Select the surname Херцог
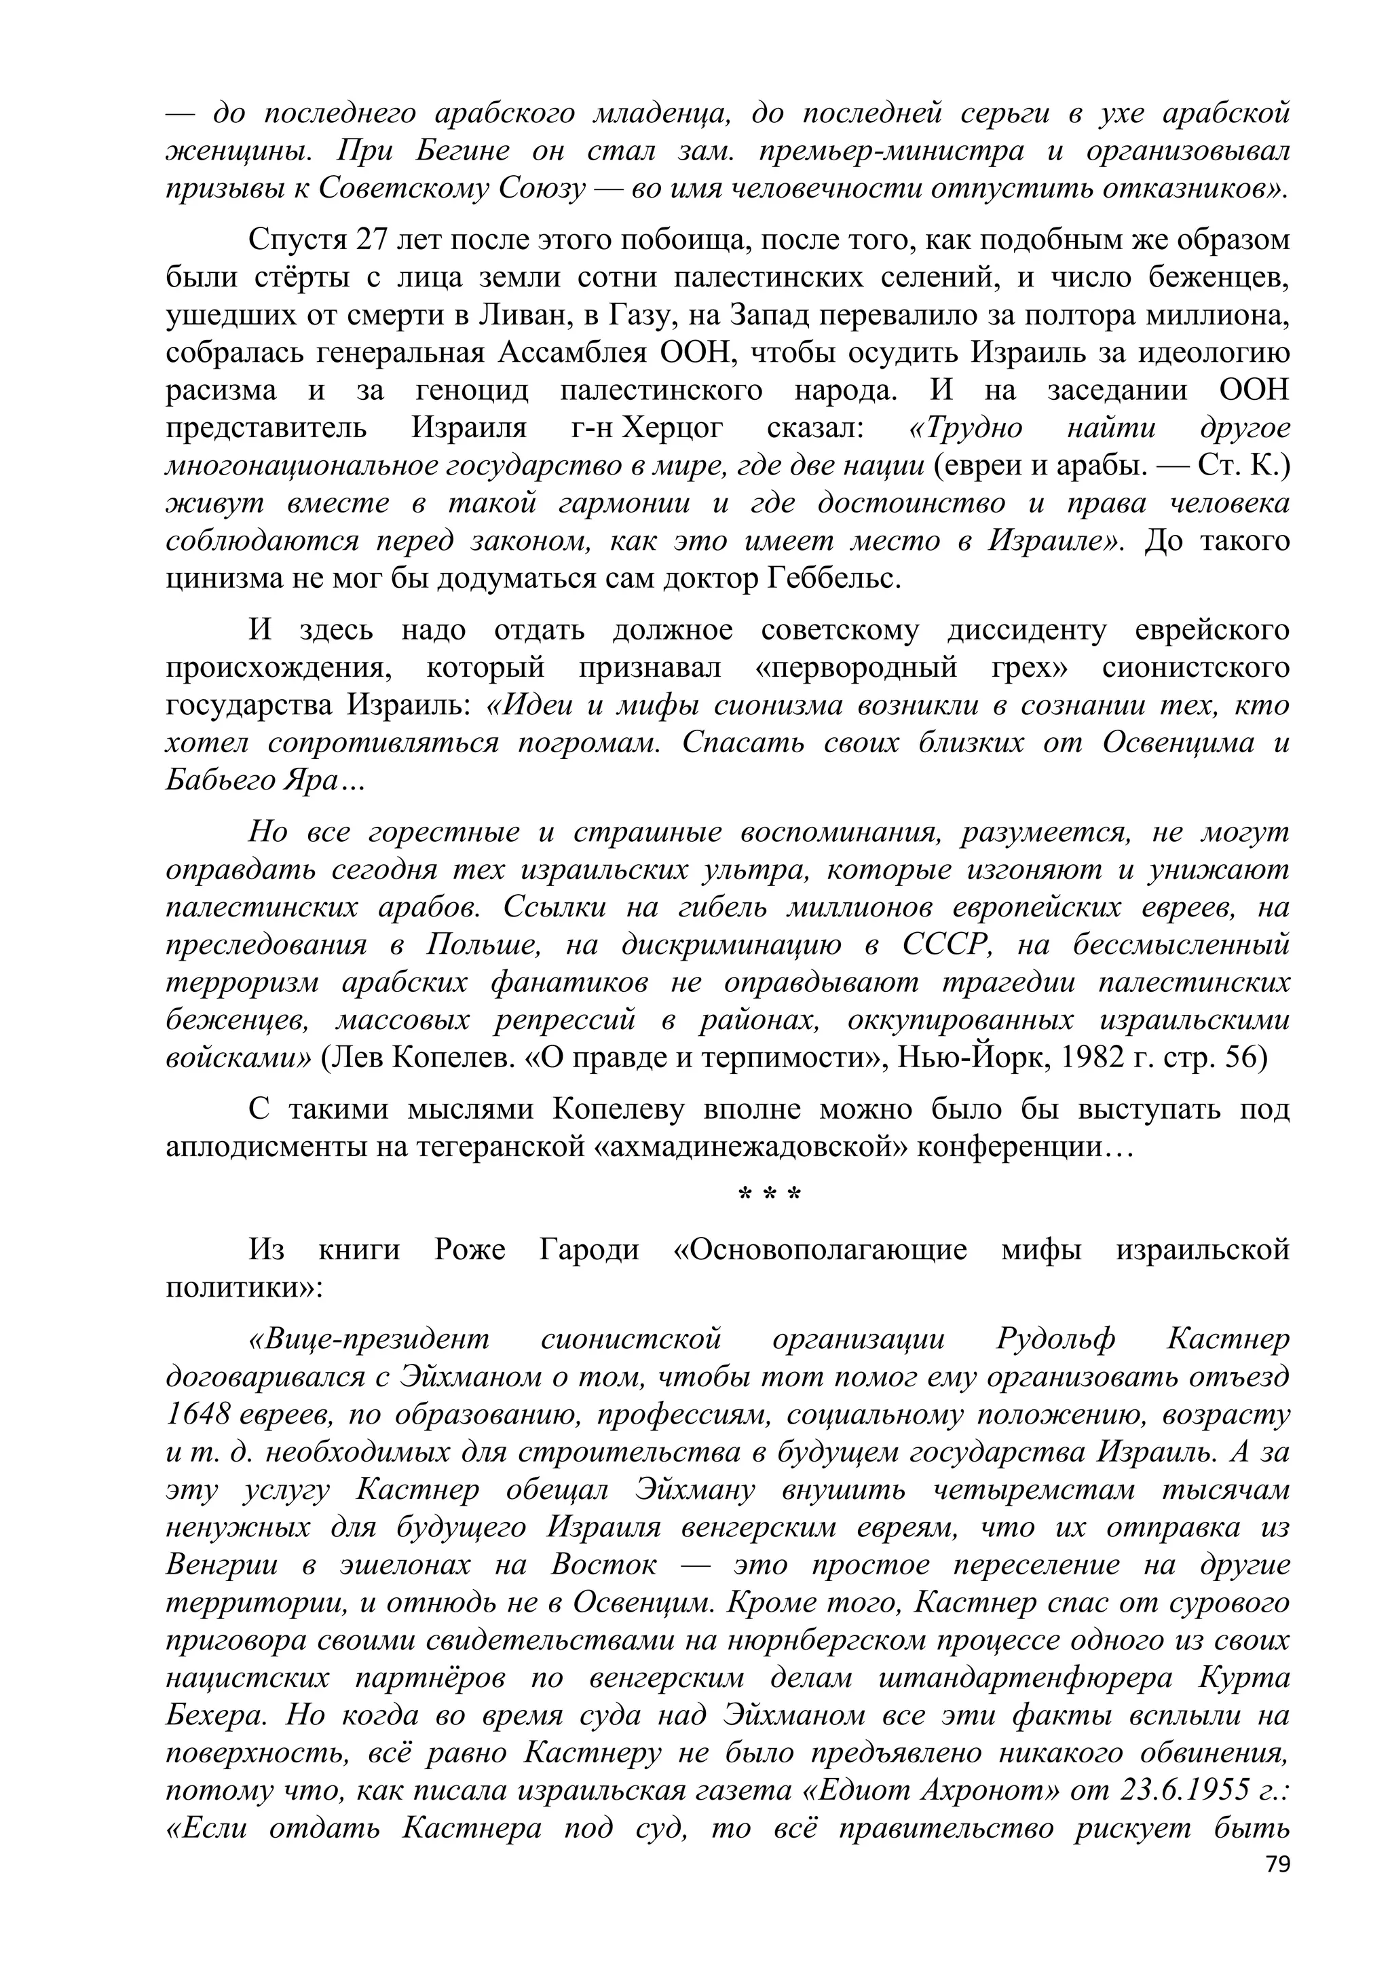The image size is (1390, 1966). [x=671, y=428]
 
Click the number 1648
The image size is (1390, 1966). [x=197, y=1415]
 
